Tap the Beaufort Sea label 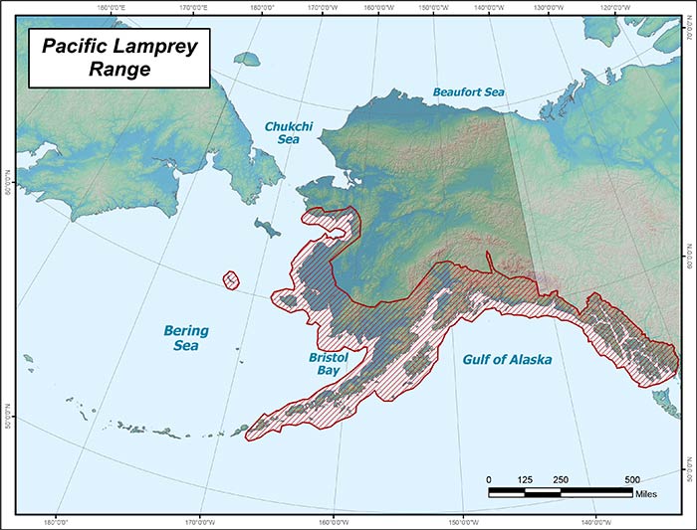point(468,92)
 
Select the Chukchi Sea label point(283,133)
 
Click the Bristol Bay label point(327,363)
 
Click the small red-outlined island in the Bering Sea point(232,280)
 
